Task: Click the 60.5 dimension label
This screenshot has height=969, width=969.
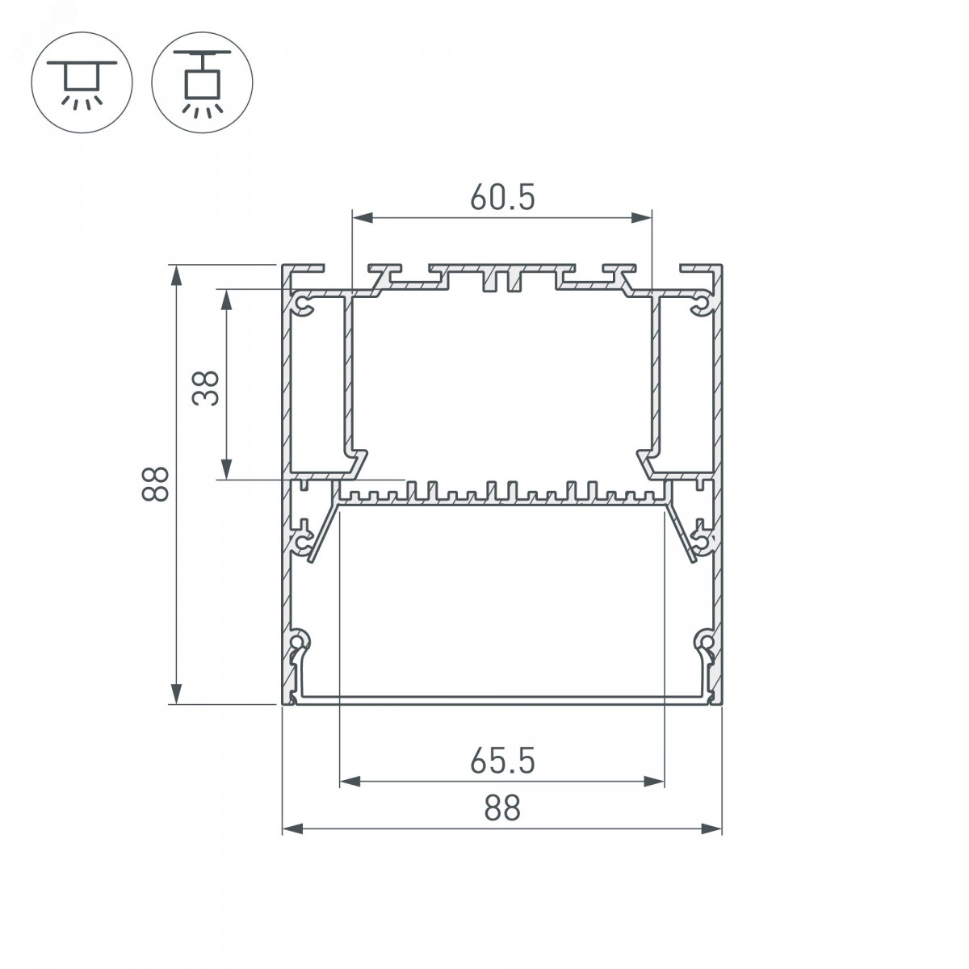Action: [501, 197]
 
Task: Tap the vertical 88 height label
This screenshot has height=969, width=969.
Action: [155, 484]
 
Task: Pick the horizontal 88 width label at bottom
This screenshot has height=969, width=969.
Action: [501, 808]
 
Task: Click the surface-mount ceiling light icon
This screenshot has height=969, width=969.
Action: [82, 83]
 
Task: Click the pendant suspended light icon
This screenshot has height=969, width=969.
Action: [202, 83]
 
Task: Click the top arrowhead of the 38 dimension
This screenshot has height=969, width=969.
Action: [226, 300]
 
